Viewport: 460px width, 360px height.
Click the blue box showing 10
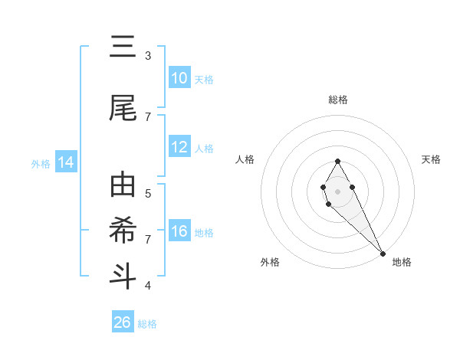179,78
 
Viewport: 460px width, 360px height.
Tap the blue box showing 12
179,147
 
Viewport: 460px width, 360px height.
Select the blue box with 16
179,231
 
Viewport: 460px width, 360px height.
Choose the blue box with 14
65,162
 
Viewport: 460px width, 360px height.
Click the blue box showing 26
123,322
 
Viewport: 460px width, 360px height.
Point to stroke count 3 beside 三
148,55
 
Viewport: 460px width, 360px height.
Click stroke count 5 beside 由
148,193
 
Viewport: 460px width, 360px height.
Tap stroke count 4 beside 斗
148,286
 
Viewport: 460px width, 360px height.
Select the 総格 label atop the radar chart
338,100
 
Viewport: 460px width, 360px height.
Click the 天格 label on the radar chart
432,159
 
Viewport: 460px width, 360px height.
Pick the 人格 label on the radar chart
245,159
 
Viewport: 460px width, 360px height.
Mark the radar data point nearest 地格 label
383,253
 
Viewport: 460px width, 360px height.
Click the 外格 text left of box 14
40,163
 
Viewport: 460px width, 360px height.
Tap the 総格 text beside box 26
147,323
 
